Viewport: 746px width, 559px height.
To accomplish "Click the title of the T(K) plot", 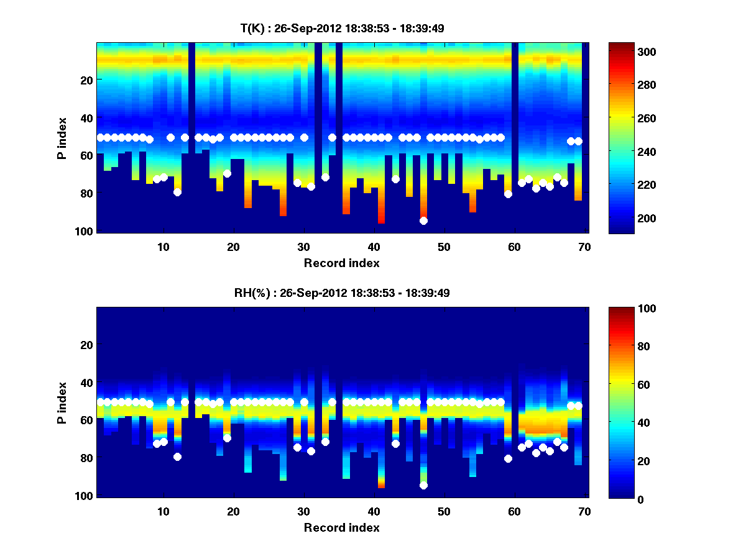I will [342, 29].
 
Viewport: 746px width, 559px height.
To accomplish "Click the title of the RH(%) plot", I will [342, 293].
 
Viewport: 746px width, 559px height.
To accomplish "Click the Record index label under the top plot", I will [342, 263].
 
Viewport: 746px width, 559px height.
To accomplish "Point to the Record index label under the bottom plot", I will [342, 527].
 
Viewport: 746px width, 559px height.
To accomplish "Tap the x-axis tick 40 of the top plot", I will [374, 246].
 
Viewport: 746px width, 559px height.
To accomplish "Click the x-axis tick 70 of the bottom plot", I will [584, 511].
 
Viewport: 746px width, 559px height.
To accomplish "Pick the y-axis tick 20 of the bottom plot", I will [86, 345].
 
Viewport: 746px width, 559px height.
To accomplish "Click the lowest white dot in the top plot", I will [423, 220].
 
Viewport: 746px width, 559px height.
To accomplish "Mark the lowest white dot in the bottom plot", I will [423, 485].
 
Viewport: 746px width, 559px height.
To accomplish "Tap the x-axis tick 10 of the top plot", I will [163, 246].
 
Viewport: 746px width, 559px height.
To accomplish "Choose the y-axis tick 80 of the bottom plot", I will [86, 458].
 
